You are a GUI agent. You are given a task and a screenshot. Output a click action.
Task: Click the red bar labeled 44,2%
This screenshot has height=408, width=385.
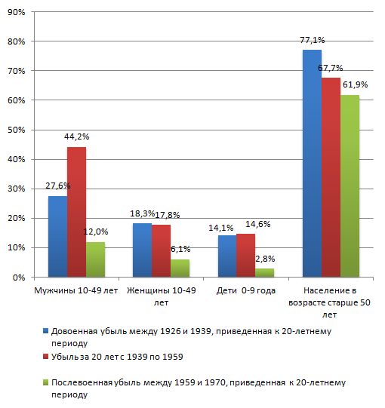(x=76, y=212)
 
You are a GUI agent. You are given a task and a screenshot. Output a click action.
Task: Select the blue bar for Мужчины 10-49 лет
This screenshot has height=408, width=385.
(x=58, y=236)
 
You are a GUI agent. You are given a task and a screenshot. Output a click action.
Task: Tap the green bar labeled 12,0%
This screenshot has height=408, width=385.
(x=96, y=259)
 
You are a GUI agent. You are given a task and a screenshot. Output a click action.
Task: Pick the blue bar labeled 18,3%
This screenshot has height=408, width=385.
(x=142, y=250)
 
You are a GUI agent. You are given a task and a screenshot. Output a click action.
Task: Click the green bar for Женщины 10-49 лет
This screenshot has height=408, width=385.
(x=180, y=268)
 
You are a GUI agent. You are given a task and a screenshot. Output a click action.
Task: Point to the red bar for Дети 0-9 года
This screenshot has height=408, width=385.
(x=245, y=255)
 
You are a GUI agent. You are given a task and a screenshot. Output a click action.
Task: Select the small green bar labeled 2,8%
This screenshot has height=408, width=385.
(x=265, y=273)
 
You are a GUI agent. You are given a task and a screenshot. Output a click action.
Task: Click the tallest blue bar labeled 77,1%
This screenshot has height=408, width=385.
(x=312, y=163)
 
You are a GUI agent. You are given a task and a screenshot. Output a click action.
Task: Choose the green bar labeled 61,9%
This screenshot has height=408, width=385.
(x=350, y=186)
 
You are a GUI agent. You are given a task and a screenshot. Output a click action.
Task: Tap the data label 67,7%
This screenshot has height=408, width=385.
(x=331, y=68)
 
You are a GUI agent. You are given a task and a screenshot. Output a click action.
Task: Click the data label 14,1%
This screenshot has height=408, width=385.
(x=221, y=228)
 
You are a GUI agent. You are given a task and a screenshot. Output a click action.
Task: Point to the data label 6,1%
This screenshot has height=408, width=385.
(x=180, y=249)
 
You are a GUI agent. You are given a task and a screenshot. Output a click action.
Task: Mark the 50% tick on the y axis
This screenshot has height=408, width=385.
(x=17, y=130)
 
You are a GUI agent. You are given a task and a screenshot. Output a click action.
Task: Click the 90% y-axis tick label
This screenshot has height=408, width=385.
(x=17, y=12)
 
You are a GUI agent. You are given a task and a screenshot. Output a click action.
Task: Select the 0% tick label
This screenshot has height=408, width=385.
(x=19, y=278)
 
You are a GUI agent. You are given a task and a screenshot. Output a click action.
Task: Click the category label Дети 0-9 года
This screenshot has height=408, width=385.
(x=245, y=290)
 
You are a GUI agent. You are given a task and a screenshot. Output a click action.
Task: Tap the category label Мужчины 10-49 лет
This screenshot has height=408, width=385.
(x=76, y=290)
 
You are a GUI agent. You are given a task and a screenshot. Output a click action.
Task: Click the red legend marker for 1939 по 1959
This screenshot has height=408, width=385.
(x=45, y=357)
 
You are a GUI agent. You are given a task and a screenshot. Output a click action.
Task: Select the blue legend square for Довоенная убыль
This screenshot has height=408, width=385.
(x=45, y=331)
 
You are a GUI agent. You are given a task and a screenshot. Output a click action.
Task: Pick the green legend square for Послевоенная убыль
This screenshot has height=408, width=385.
(x=45, y=382)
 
